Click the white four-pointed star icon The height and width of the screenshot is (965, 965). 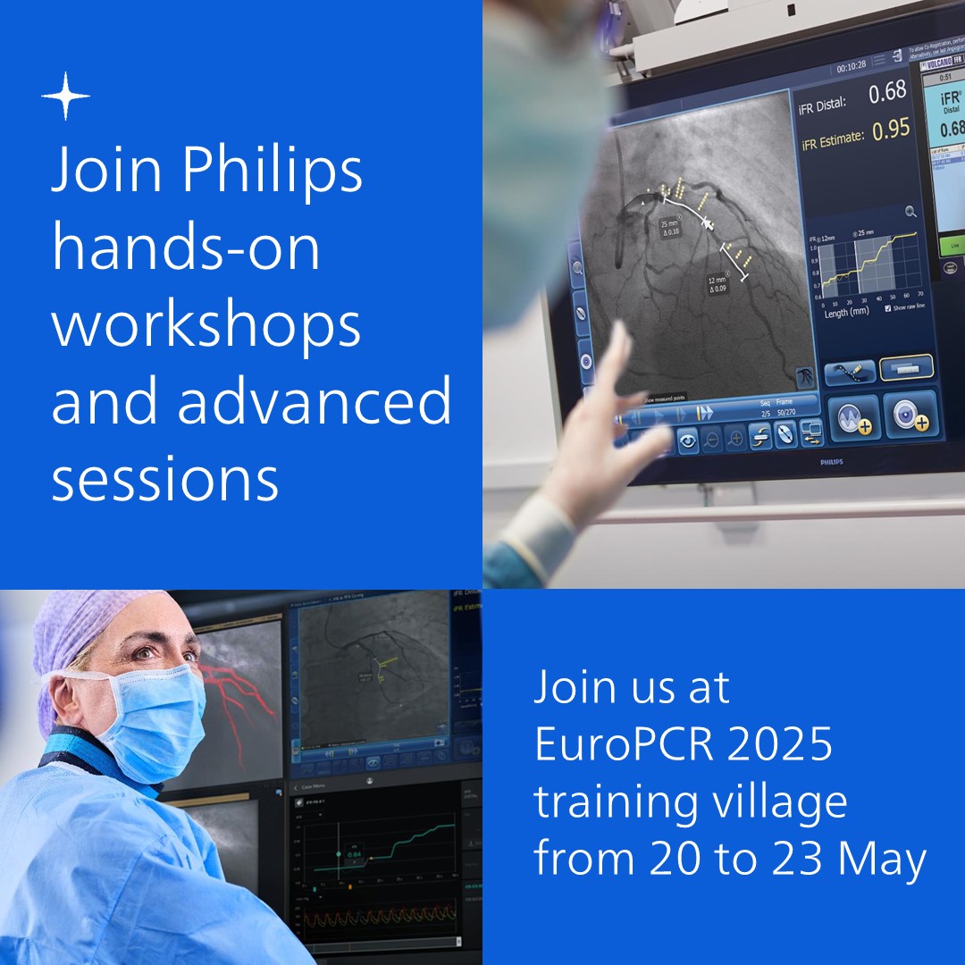tap(66, 96)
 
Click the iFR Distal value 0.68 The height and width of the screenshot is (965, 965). tap(887, 91)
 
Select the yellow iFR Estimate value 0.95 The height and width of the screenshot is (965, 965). tap(891, 131)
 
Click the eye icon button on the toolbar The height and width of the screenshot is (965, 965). tap(687, 440)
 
